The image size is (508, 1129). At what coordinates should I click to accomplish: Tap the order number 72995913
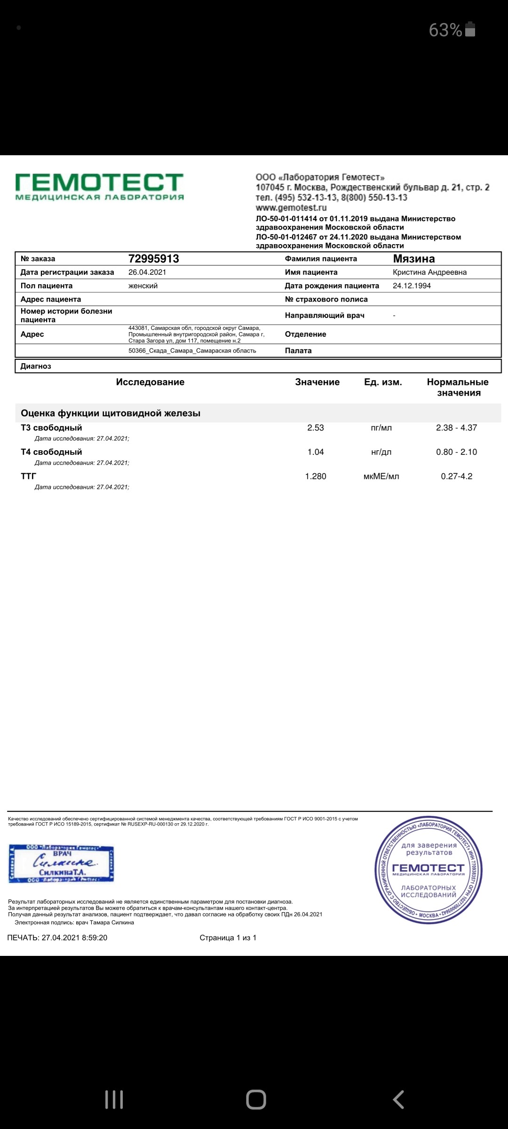[153, 259]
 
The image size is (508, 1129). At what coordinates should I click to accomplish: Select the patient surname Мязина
[414, 259]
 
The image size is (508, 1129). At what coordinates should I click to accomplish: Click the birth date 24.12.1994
[412, 286]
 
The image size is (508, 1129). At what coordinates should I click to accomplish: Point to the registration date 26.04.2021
[147, 272]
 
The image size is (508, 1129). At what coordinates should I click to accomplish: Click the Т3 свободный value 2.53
[316, 428]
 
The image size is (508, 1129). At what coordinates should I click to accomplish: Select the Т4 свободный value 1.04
[316, 452]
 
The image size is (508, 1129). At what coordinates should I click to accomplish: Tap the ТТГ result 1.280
[316, 476]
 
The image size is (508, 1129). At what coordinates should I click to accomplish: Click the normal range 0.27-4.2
[456, 476]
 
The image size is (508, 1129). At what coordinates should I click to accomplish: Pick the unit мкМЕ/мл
[381, 476]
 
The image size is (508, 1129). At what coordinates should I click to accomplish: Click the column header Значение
[317, 382]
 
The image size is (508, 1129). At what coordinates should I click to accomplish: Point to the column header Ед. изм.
[383, 382]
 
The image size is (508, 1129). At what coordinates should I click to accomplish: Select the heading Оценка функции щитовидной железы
[111, 413]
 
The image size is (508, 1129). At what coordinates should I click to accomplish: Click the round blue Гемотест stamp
[428, 870]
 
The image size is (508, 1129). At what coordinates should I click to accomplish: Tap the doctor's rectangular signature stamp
[61, 864]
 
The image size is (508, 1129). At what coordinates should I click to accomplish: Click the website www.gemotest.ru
[291, 208]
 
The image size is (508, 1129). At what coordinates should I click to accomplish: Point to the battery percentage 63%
[445, 30]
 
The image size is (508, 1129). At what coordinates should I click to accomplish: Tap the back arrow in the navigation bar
[398, 1100]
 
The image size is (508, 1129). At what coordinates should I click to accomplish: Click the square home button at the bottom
[256, 1100]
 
